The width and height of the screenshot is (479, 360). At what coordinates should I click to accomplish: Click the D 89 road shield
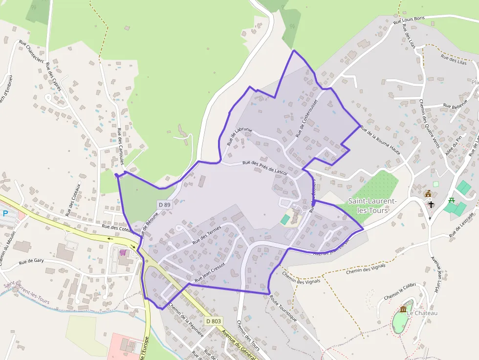164,205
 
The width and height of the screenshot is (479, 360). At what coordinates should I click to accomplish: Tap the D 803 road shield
214,321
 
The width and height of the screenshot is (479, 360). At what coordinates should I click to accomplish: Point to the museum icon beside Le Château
403,309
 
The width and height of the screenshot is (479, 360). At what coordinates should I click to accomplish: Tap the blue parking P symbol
5,213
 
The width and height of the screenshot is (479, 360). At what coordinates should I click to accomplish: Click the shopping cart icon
123,252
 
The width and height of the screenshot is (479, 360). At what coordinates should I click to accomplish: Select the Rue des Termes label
207,234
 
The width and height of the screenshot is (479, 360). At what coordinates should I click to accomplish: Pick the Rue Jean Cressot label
210,273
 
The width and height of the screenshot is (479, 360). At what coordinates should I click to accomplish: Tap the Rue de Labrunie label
239,137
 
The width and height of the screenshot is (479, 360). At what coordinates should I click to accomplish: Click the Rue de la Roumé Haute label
380,140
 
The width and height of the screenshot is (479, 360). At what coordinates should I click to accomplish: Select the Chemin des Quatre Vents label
429,124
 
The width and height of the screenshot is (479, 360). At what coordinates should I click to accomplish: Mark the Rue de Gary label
31,261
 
